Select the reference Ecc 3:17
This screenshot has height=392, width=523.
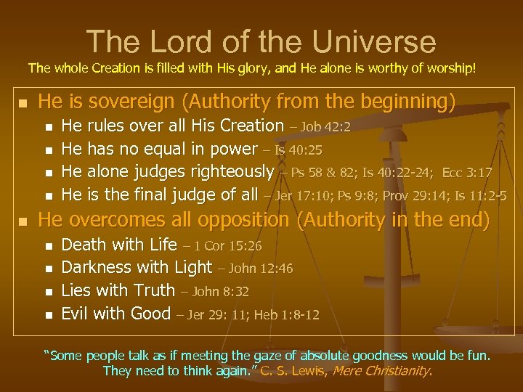[x=469, y=173]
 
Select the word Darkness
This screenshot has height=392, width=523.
[x=98, y=268]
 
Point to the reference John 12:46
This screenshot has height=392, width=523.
[x=261, y=269]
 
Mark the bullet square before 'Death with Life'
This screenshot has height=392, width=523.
[x=49, y=246]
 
